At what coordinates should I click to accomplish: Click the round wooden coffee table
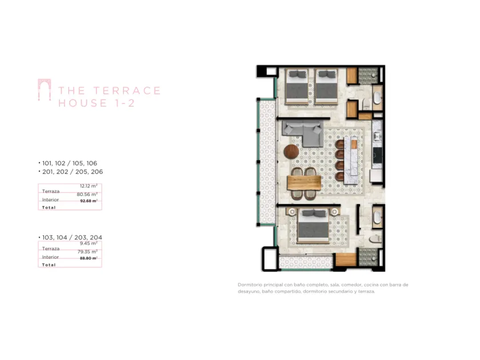(x=291, y=151)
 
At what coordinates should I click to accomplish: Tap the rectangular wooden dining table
(x=304, y=183)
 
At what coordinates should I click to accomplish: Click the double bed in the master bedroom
(x=314, y=226)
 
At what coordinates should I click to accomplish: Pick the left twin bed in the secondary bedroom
(x=297, y=87)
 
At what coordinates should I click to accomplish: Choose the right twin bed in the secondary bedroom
(x=326, y=87)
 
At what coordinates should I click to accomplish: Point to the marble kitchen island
(x=351, y=160)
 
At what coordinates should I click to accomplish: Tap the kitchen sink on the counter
(x=377, y=136)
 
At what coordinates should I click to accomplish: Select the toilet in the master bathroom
(x=375, y=239)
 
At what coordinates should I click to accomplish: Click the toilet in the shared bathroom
(x=366, y=104)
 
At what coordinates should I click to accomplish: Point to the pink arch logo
(x=45, y=90)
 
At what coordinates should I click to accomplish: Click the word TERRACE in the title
(x=127, y=91)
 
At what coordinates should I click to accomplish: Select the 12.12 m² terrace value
(x=89, y=186)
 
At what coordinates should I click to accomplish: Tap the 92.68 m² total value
(x=89, y=201)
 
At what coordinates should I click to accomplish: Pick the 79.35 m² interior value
(x=87, y=251)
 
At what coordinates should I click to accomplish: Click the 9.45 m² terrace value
(x=89, y=243)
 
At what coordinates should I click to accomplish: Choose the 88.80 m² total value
(x=89, y=258)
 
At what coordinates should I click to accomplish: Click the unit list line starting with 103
(x=70, y=238)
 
